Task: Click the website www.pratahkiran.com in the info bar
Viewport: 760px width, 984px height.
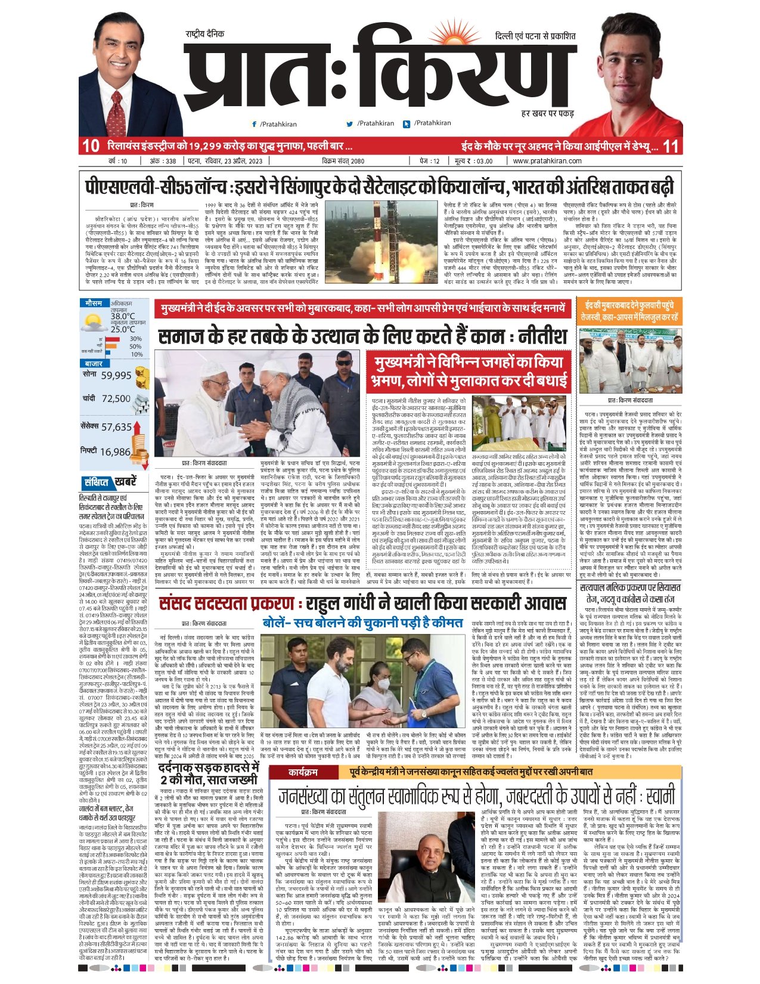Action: pos(547,161)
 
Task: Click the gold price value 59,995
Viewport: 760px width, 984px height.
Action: pos(116,376)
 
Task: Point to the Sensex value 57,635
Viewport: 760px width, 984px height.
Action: pos(116,427)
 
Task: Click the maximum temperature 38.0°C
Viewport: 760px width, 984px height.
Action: pos(122,316)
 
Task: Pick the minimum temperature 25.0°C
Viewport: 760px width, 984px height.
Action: pos(122,329)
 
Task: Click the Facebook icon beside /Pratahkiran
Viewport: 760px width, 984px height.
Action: pos(255,124)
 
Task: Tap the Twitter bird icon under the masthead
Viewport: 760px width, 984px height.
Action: pos(350,124)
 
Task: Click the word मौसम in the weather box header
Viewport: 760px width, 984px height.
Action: pos(93,303)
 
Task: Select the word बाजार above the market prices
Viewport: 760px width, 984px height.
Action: pos(94,363)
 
